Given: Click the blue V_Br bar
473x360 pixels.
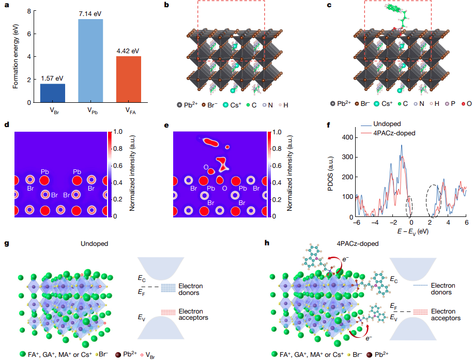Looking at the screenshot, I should [53, 93].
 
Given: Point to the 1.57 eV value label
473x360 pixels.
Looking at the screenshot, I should [53, 78].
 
